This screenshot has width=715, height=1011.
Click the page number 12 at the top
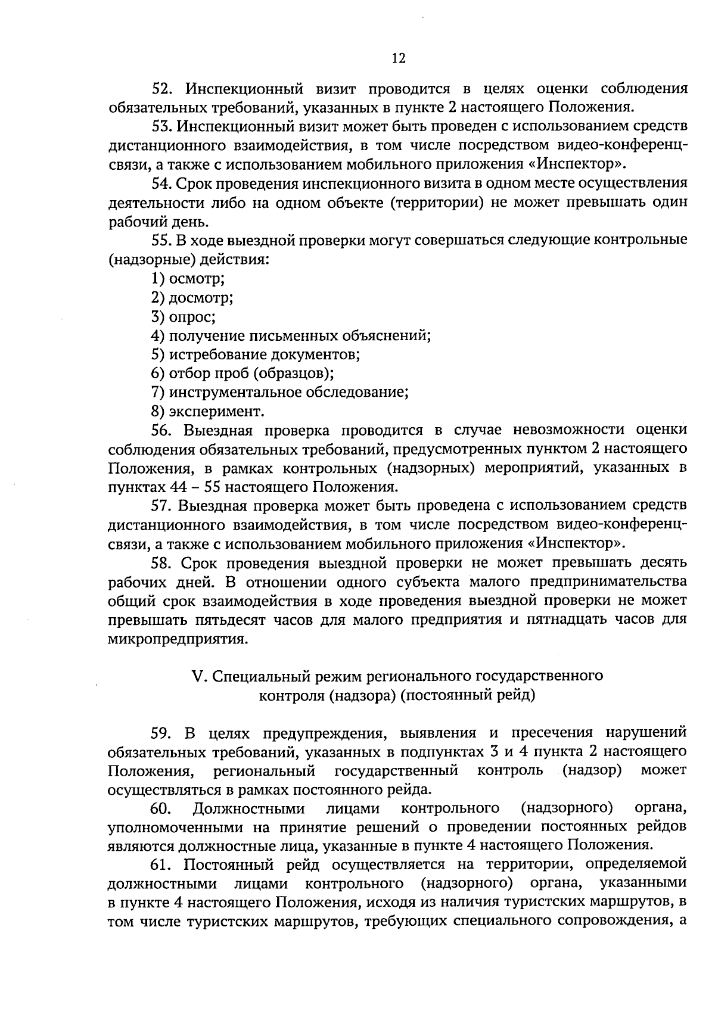pyautogui.click(x=399, y=58)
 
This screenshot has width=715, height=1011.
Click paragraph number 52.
pyautogui.click(x=162, y=89)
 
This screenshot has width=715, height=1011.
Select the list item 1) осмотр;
pyautogui.click(x=188, y=278)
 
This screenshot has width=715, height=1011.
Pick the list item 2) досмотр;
pyautogui.click(x=192, y=297)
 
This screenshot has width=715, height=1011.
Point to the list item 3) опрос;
pyautogui.click(x=184, y=316)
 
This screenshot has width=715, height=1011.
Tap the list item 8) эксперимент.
pyautogui.click(x=207, y=412)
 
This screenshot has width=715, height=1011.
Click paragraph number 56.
pyautogui.click(x=162, y=430)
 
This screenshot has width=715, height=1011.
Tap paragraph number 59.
pyautogui.click(x=162, y=732)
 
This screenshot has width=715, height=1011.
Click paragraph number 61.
pyautogui.click(x=162, y=864)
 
